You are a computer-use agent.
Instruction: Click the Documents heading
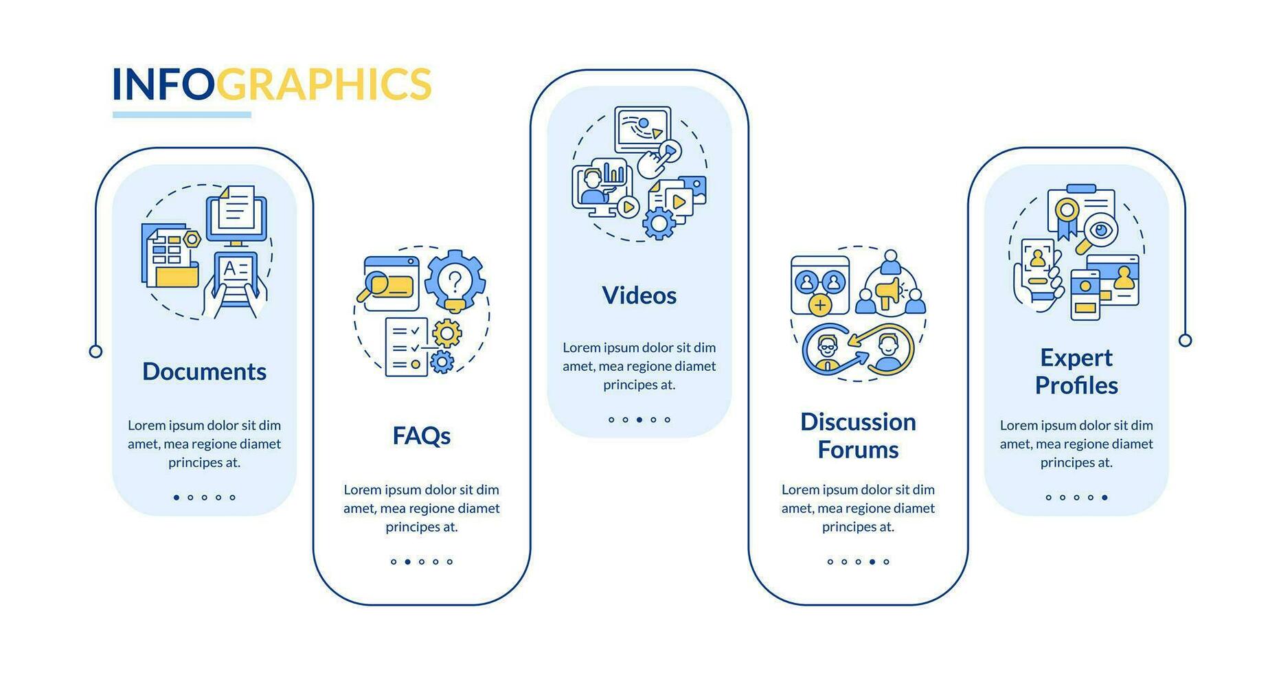click(204, 372)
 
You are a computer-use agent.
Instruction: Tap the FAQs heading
click(421, 436)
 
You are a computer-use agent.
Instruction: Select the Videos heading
click(639, 295)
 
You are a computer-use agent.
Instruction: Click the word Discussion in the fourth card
click(858, 422)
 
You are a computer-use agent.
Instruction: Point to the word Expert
click(1076, 358)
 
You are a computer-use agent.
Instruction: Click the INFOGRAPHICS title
click(271, 84)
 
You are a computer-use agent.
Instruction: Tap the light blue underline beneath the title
click(181, 115)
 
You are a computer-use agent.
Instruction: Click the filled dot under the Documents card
click(177, 497)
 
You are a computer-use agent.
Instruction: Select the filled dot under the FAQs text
click(407, 562)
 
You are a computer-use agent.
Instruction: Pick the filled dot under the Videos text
click(639, 420)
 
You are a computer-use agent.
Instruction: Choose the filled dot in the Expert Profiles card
click(1104, 497)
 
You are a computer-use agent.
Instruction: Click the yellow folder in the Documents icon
click(177, 275)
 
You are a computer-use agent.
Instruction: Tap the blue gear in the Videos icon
click(659, 223)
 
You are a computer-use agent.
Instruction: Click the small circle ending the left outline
click(95, 352)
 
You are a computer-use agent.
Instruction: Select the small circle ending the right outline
click(1185, 340)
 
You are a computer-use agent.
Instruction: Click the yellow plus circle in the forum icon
click(819, 304)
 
